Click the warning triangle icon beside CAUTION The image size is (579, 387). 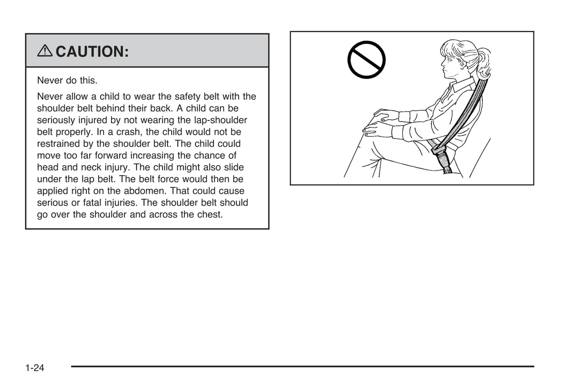click(45, 51)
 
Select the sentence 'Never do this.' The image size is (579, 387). click(67, 81)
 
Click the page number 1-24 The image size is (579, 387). click(34, 368)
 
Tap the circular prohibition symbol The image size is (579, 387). click(366, 60)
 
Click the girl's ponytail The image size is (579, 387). click(482, 63)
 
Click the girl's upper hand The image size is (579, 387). click(386, 115)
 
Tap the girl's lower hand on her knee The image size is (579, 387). click(377, 130)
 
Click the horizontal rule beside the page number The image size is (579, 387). click(303, 366)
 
